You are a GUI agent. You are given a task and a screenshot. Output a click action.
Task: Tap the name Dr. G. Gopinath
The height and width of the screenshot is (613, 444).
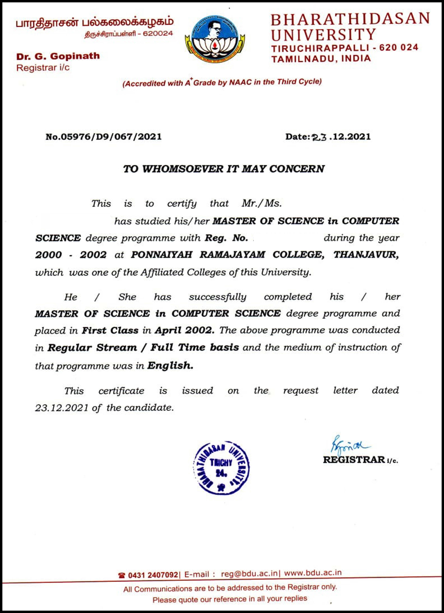click(58, 56)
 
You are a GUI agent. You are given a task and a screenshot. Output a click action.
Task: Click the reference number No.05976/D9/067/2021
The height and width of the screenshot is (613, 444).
click(104, 137)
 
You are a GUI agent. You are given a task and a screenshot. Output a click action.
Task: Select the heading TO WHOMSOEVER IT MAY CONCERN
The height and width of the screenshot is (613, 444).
click(224, 169)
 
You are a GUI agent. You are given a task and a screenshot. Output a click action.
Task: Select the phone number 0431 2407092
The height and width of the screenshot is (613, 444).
click(153, 575)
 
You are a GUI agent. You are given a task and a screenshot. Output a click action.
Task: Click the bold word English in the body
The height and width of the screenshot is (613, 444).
click(170, 366)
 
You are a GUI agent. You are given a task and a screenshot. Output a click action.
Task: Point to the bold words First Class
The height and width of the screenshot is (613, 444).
click(110, 330)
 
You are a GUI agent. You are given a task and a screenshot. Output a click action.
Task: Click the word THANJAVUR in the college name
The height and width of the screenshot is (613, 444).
click(366, 255)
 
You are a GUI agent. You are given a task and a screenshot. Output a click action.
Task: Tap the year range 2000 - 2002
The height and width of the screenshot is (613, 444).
click(71, 255)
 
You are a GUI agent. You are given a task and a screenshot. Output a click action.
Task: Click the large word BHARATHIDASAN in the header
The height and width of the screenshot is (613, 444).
click(350, 19)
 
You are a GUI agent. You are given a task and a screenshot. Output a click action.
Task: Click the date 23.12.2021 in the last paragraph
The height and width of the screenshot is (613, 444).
click(62, 408)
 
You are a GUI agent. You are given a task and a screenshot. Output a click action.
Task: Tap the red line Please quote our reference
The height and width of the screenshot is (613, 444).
click(230, 599)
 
